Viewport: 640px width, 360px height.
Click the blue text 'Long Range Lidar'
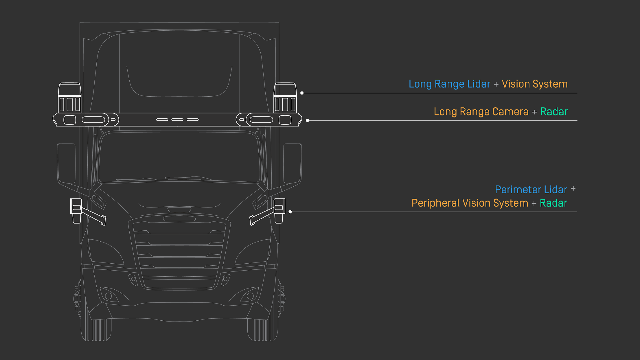pos(449,84)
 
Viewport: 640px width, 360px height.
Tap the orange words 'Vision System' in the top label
pos(534,84)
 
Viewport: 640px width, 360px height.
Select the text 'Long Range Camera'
pos(481,112)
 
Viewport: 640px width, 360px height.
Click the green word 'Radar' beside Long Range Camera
pos(554,112)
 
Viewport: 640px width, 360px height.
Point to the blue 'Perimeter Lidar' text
pos(531,190)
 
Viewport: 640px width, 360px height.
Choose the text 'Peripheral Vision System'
pos(470,203)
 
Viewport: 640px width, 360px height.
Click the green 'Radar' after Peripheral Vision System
pos(553,203)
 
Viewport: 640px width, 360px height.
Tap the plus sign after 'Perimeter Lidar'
pos(573,189)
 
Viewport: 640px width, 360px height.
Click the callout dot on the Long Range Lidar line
pos(302,93)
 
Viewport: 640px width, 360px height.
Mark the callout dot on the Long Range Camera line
pos(308,120)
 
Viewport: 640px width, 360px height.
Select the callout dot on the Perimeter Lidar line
pos(290,212)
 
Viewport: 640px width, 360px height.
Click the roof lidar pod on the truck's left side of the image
pos(70,98)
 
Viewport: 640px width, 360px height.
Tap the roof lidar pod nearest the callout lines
pos(285,98)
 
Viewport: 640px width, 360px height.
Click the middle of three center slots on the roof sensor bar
pos(177,120)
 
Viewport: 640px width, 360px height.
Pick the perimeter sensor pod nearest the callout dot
pos(279,210)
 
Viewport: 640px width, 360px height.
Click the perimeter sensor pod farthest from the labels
pos(77,210)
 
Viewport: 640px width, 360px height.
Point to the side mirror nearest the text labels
pos(293,164)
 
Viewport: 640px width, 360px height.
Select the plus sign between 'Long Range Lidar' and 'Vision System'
pos(496,84)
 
